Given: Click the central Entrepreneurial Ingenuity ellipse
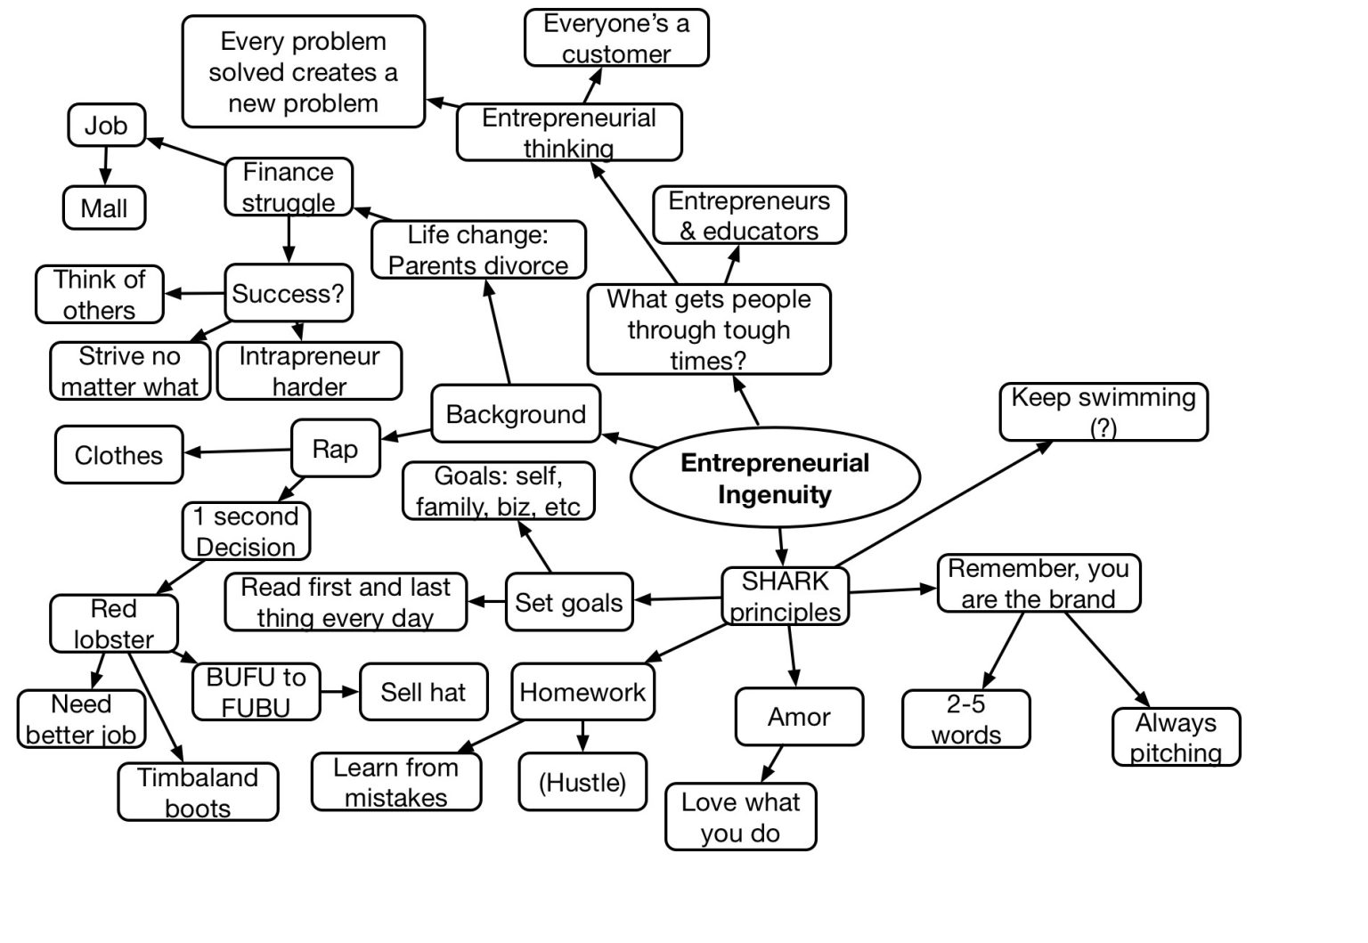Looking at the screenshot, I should [x=774, y=478].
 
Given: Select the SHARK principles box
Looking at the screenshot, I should [x=785, y=597].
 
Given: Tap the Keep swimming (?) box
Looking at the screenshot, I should [x=1103, y=411].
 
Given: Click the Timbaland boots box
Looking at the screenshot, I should [x=198, y=793].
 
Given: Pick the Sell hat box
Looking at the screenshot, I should [x=423, y=692].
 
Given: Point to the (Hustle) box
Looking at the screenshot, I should [x=582, y=783].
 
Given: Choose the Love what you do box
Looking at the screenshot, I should [x=740, y=817].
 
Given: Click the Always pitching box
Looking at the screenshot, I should [x=1176, y=737].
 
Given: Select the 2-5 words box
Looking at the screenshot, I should [x=965, y=719].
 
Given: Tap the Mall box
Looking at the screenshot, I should [x=104, y=208].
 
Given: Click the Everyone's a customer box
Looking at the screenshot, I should [x=616, y=38].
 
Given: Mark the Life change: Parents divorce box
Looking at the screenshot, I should [x=478, y=250].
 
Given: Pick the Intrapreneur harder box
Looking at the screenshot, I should [x=309, y=371].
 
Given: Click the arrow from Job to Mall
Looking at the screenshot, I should [x=106, y=167].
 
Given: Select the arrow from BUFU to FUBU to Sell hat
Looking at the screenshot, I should [x=339, y=691].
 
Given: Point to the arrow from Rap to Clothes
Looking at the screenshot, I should [x=237, y=451].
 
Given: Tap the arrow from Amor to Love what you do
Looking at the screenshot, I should [x=772, y=764].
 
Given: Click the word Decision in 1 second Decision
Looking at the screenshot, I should [x=246, y=547].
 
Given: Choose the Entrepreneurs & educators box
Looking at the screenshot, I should [x=749, y=215].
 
